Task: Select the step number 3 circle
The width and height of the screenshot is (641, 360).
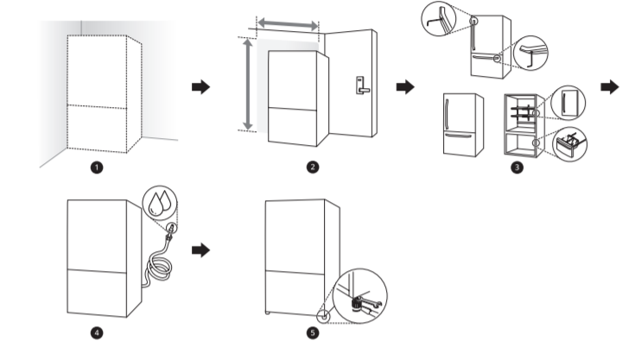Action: point(516,167)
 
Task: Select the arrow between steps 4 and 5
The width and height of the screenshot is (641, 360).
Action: point(200,249)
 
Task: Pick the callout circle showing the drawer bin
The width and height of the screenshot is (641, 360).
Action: point(568,142)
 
